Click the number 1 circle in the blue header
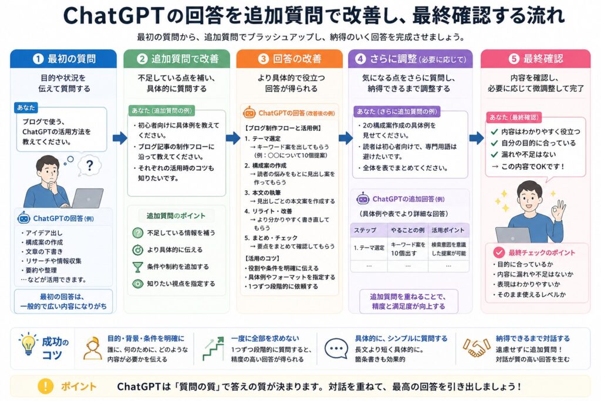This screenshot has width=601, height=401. click(38, 59)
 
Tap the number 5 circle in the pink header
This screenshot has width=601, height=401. click(514, 59)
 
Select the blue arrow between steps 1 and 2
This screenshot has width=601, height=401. click(120, 137)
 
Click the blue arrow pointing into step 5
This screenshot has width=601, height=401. click(477, 137)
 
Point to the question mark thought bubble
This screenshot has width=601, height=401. click(89, 166)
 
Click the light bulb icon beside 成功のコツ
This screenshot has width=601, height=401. click(28, 343)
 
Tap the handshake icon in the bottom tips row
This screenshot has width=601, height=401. click(476, 348)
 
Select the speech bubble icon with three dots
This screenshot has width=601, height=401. click(336, 348)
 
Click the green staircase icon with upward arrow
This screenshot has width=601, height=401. click(213, 349)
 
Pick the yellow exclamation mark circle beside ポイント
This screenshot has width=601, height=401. click(45, 386)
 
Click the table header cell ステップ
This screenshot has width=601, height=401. click(365, 230)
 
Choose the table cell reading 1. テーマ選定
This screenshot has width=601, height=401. click(369, 248)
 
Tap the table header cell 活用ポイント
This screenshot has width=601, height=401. click(448, 230)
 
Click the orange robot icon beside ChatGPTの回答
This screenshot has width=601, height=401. click(249, 112)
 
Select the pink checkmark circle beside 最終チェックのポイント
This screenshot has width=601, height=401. click(499, 252)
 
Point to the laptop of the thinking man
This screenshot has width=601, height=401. click(87, 198)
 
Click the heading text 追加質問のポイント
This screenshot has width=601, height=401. click(176, 216)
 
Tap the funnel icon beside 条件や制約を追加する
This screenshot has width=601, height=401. click(137, 267)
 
